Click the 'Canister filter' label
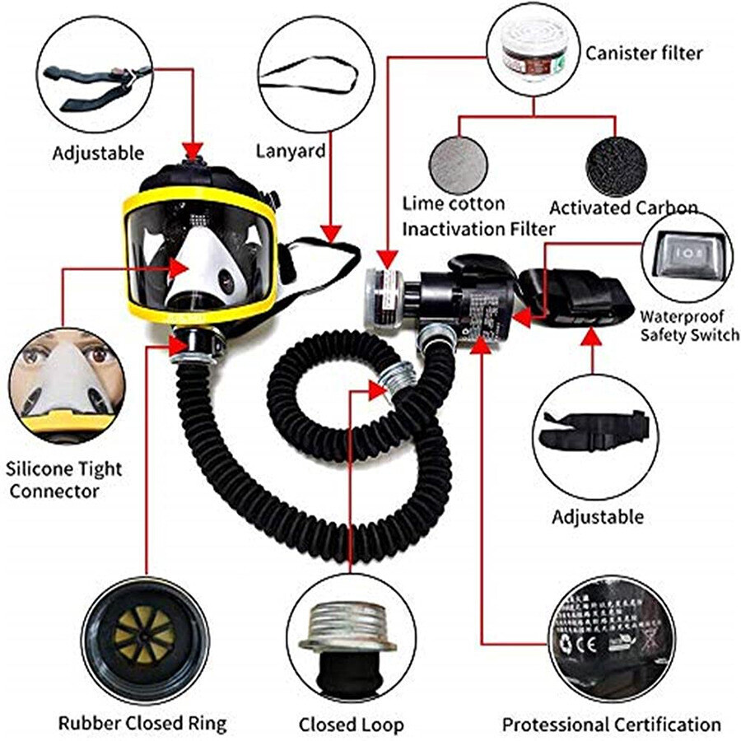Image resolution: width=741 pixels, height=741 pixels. tap(644, 54)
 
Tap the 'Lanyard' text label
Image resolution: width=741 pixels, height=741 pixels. tap(290, 151)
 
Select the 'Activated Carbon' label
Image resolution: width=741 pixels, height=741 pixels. tap(623, 207)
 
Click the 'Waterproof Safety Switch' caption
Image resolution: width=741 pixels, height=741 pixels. tap(689, 324)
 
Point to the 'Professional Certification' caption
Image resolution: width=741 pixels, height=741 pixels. tap(612, 725)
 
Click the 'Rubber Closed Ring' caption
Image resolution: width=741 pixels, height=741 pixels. tap(142, 725)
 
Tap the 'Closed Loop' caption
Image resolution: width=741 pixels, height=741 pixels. tap(352, 725)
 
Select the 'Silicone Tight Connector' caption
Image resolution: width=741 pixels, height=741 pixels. tap(64, 480)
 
